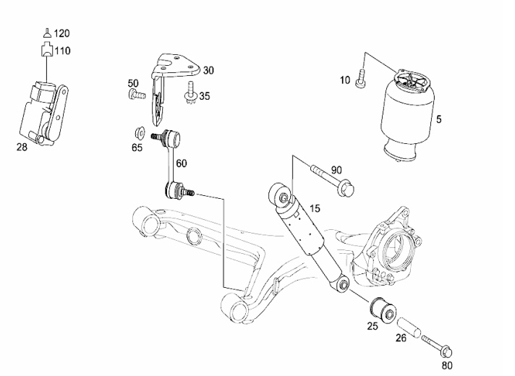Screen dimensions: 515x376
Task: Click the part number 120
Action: pos(61,33)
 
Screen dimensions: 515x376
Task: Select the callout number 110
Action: pos(62,51)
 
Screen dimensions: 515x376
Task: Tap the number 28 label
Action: pos(22,147)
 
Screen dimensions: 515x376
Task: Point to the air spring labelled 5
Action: pos(407,116)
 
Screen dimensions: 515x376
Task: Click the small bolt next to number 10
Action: pos(360,79)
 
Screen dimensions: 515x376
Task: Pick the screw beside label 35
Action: pos(190,93)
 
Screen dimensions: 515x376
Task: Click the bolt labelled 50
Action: pos(136,94)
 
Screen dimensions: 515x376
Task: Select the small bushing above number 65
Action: pos(140,133)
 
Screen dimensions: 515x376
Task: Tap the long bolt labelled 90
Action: pos(333,181)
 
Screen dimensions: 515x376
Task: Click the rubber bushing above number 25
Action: pos(383,310)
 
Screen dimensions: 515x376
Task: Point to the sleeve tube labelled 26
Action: pos(409,328)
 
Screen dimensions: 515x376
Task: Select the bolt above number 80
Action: pos(437,347)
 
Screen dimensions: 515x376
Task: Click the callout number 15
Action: pos(315,208)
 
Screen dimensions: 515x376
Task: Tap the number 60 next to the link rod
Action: pos(182,163)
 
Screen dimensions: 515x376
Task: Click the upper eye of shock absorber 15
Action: pos(281,195)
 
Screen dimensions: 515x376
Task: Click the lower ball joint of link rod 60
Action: pos(179,190)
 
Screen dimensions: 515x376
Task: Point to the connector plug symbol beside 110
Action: pos(47,50)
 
